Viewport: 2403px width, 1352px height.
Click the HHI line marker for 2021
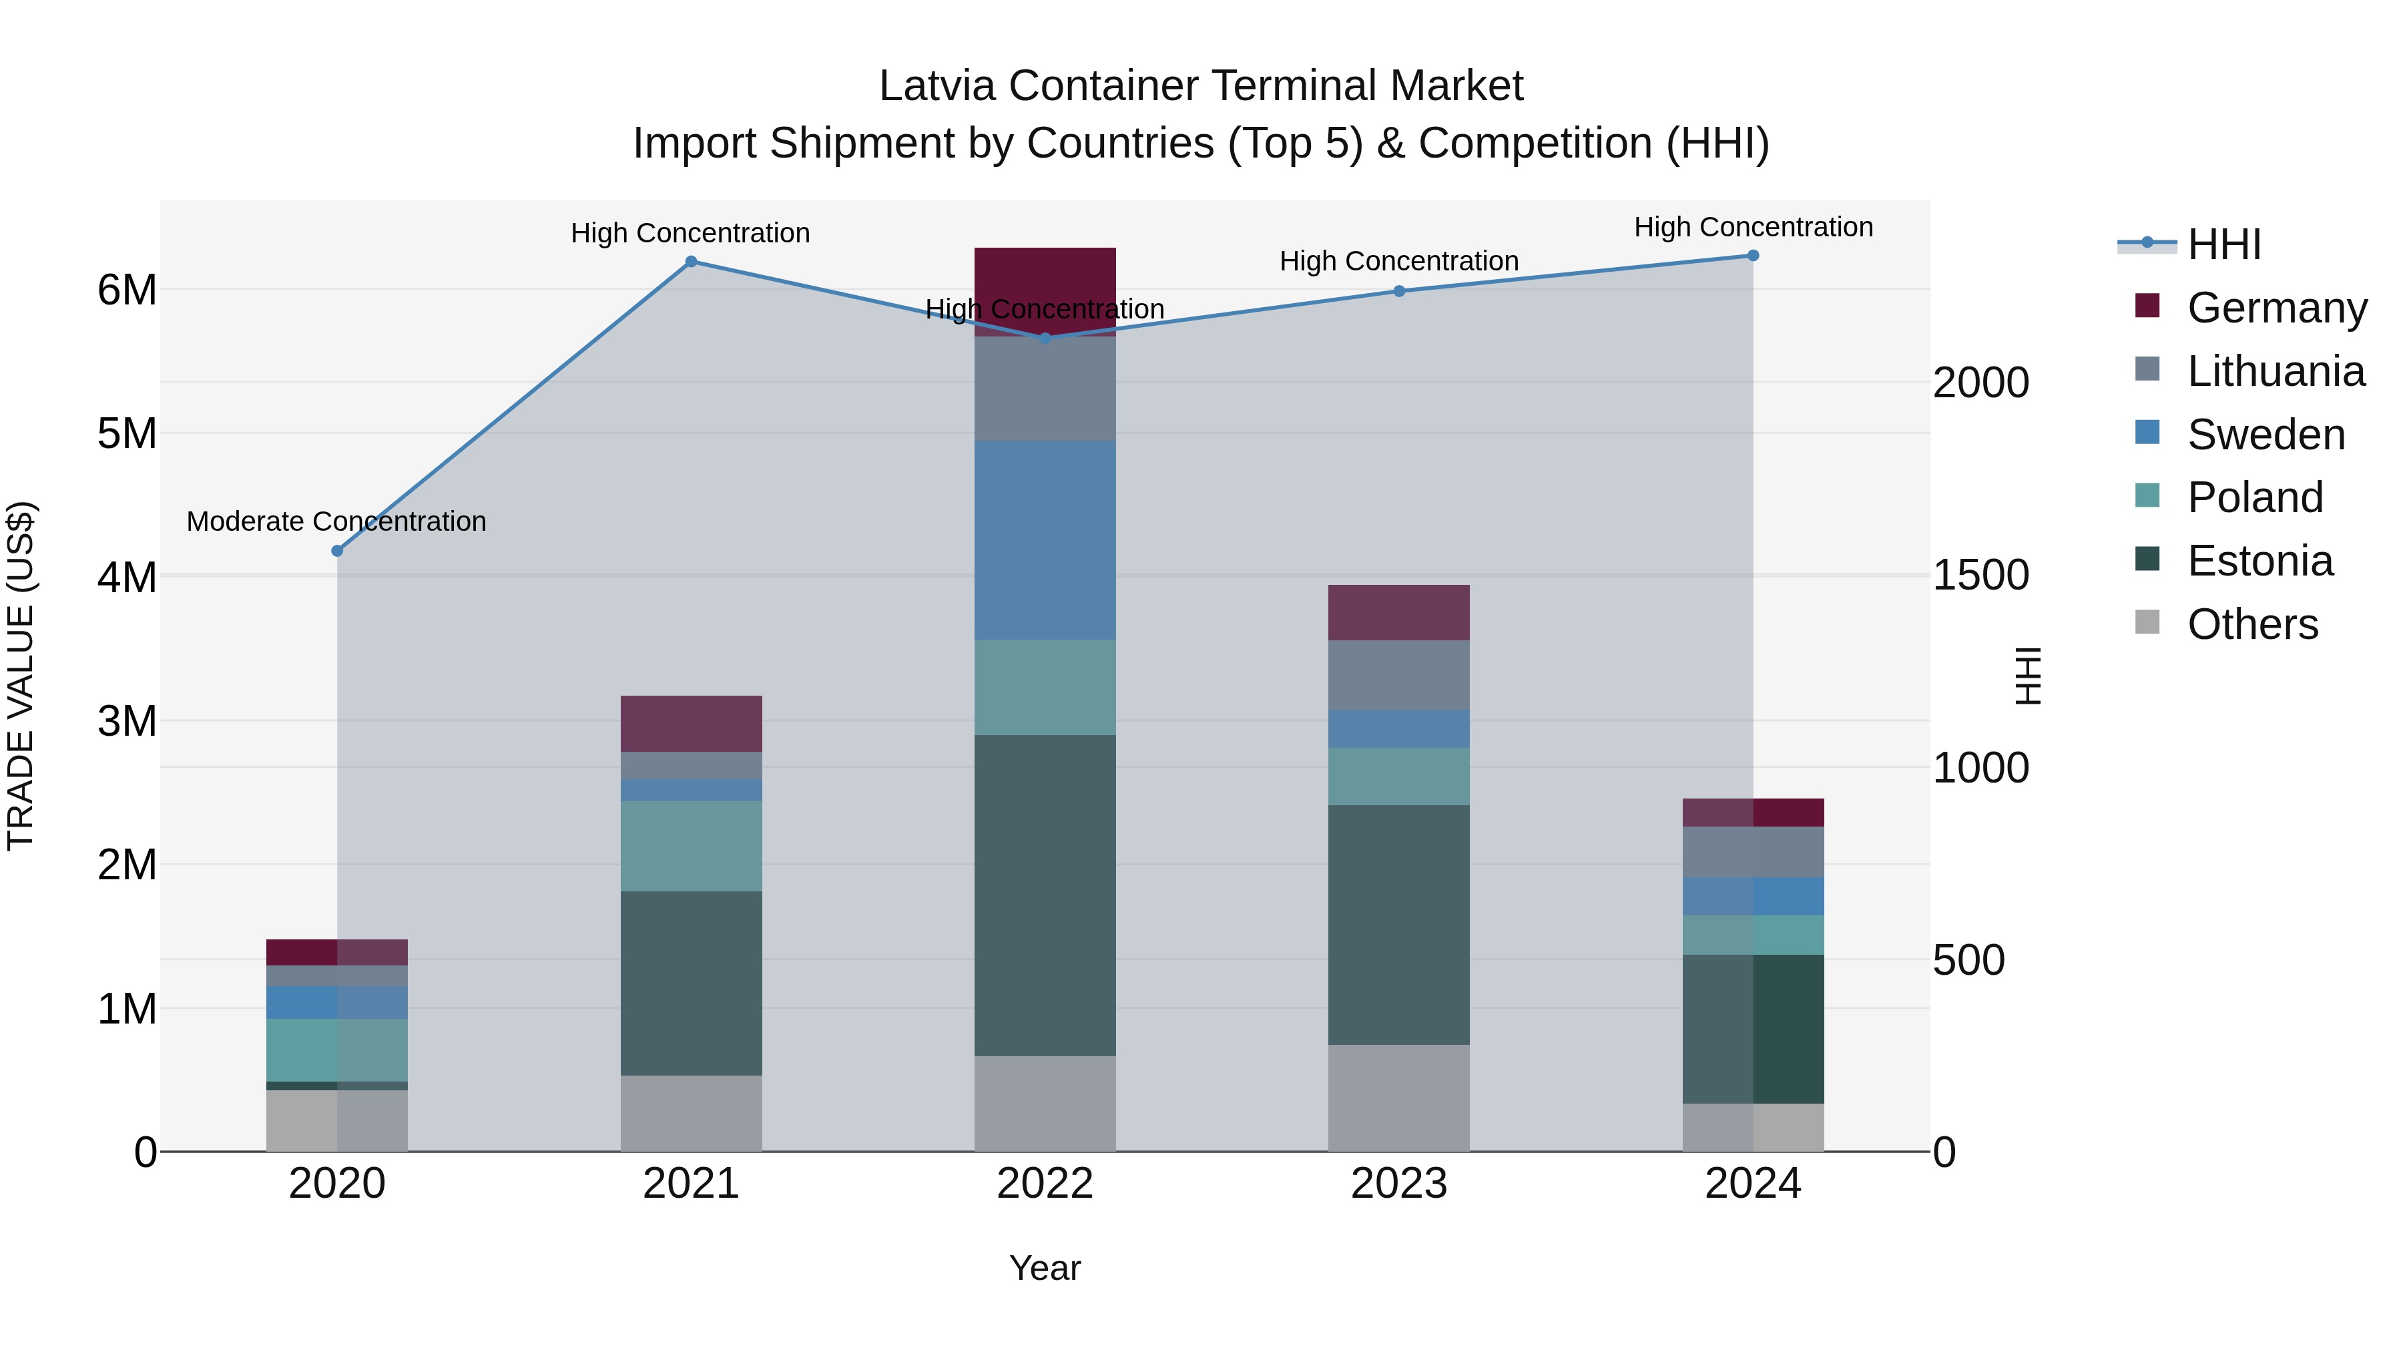[692, 262]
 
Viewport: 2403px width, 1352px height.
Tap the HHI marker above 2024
[1753, 256]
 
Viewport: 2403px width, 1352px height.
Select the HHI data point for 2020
[338, 551]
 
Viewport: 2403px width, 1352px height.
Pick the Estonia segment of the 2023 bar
[1398, 925]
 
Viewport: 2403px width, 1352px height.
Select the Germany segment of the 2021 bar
[692, 724]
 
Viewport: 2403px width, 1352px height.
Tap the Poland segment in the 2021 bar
[692, 847]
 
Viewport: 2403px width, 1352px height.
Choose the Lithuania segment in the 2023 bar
[1398, 676]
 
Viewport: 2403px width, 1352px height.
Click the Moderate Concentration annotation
[337, 521]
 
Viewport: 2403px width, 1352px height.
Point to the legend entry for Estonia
[2259, 561]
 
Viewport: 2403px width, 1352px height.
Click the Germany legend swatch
[2147, 306]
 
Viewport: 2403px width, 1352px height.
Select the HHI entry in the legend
[2224, 244]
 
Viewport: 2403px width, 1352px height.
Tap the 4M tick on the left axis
[127, 578]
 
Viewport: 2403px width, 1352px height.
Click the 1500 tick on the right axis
[1980, 576]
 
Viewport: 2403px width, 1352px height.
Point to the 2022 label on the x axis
[1045, 1184]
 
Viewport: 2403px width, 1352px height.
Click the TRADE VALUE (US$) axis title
[21, 676]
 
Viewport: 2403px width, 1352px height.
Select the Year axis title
[1045, 1268]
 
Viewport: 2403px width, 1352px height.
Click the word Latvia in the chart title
[939, 86]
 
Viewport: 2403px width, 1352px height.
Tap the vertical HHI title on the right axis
[2027, 676]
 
